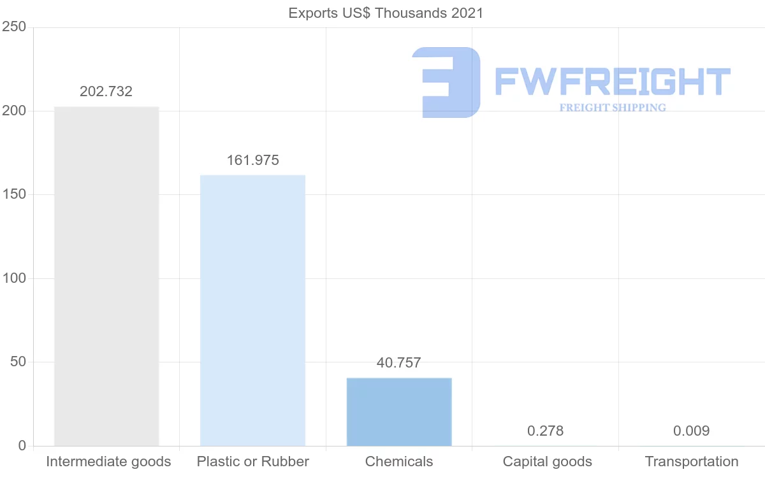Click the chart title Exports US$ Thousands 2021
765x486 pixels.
tap(386, 13)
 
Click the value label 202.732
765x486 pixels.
tap(106, 92)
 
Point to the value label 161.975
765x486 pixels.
tap(252, 161)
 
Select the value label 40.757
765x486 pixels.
tap(399, 363)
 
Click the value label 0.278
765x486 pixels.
tap(545, 431)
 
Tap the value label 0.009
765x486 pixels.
tap(691, 431)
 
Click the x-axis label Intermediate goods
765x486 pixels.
tap(108, 462)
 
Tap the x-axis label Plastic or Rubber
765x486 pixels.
tap(253, 462)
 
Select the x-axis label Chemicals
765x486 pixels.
tap(399, 462)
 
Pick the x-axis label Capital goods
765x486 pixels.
tap(547, 462)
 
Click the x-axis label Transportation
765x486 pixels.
tap(692, 462)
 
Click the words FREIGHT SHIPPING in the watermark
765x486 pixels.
tap(613, 108)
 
